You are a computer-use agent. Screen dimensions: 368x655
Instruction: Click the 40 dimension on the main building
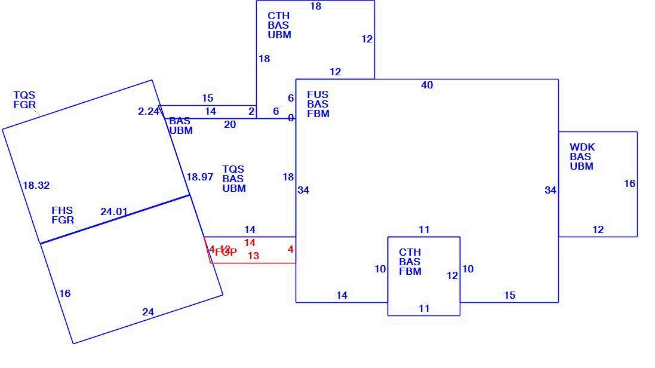pyautogui.click(x=427, y=85)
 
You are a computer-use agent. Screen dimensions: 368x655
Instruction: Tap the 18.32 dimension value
pyautogui.click(x=36, y=186)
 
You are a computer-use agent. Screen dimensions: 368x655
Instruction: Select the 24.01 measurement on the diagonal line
pyautogui.click(x=114, y=211)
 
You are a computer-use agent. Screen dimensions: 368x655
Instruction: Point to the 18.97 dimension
pyautogui.click(x=199, y=177)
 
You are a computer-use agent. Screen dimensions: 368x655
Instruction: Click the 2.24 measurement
pyautogui.click(x=148, y=111)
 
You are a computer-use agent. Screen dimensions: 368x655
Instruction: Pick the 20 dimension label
pyautogui.click(x=230, y=124)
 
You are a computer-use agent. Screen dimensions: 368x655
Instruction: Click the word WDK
pyautogui.click(x=582, y=147)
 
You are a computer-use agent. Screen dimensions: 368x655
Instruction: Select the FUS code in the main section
pyautogui.click(x=318, y=94)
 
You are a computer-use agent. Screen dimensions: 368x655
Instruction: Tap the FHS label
pyautogui.click(x=62, y=210)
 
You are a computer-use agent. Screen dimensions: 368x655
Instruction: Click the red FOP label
pyautogui.click(x=226, y=252)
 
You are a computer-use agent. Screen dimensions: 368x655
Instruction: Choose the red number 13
pyautogui.click(x=253, y=256)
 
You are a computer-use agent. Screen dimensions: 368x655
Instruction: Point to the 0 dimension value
pyautogui.click(x=291, y=118)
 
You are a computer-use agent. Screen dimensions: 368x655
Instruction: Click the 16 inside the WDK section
pyautogui.click(x=630, y=183)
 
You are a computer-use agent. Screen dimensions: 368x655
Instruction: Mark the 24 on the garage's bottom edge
pyautogui.click(x=148, y=312)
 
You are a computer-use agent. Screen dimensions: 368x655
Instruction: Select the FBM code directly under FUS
pyautogui.click(x=318, y=114)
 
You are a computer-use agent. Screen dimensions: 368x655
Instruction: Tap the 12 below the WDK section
pyautogui.click(x=598, y=229)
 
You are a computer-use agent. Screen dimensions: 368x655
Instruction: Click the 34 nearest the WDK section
pyautogui.click(x=551, y=191)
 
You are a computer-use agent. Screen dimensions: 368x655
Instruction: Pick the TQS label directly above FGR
pyautogui.click(x=24, y=95)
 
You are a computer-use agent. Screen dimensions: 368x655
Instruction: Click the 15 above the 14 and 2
pyautogui.click(x=207, y=98)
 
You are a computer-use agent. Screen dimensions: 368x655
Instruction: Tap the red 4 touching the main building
pyautogui.click(x=291, y=249)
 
